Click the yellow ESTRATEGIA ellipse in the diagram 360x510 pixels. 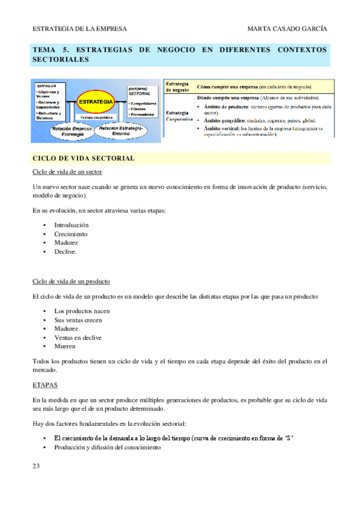point(95,102)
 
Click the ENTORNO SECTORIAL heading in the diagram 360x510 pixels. point(139,91)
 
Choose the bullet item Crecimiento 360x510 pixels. point(70,234)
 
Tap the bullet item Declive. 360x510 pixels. point(66,252)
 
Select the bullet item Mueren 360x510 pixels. point(64,346)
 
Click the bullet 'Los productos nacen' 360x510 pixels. point(82,311)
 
